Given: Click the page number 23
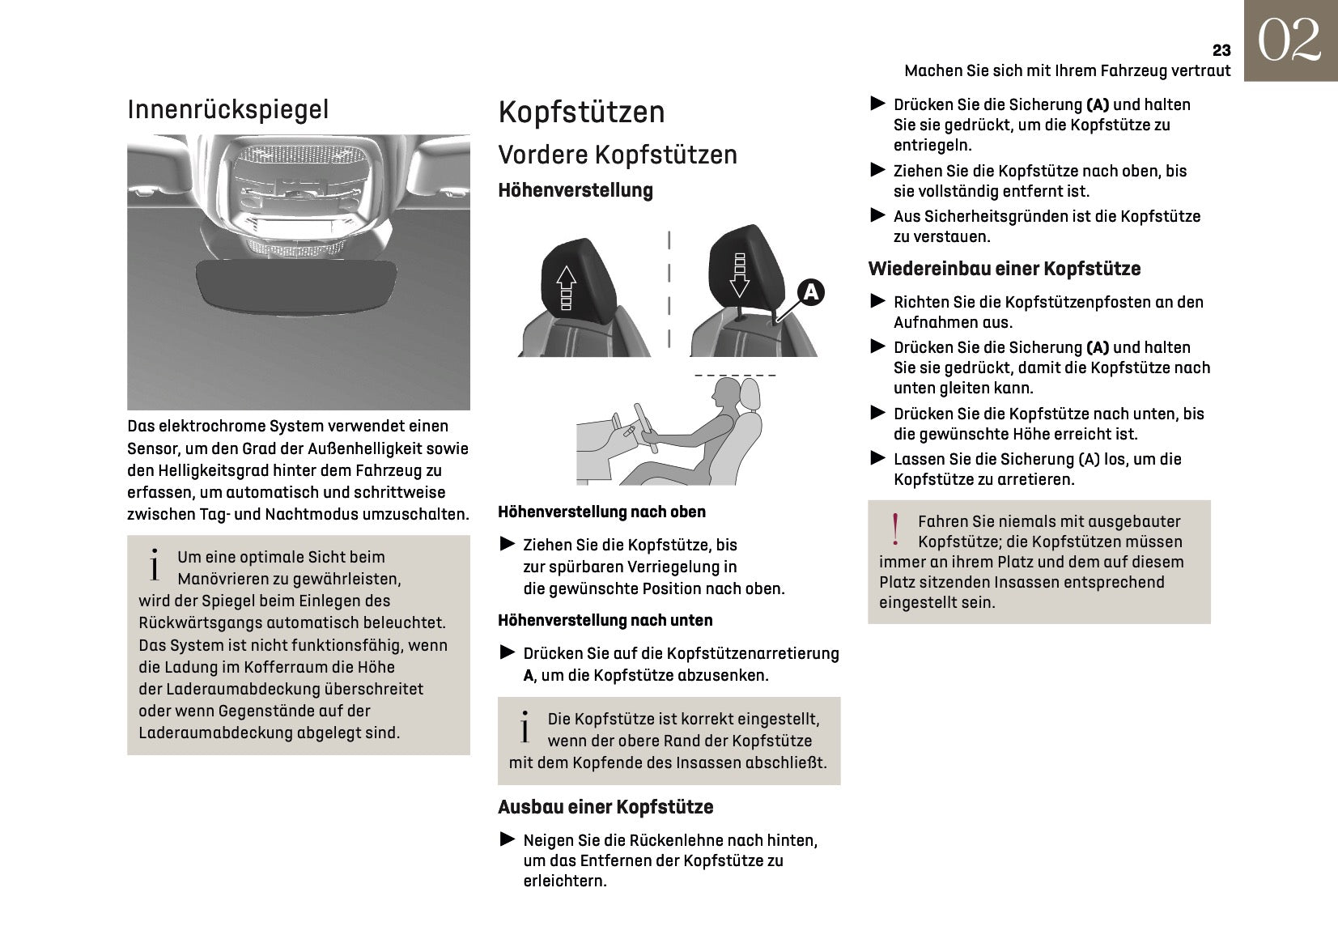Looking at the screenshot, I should point(1221,50).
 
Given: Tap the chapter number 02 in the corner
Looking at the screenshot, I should point(1289,40).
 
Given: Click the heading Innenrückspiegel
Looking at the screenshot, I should point(228,109).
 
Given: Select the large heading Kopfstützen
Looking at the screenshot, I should point(581,112).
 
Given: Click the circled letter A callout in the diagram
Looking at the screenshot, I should point(810,291).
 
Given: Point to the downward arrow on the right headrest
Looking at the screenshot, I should point(740,275).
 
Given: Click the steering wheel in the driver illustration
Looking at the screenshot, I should point(646,427).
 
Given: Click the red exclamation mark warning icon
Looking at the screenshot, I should point(895,530).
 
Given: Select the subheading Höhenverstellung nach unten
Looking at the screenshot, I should point(605,620).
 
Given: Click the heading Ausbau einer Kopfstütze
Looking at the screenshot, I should point(605,807).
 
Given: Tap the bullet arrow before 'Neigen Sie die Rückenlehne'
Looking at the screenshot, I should point(508,839).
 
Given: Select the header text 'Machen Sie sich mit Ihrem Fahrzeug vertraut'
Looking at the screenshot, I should point(1067,70).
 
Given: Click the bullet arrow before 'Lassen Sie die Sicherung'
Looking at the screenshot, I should point(878,458).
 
